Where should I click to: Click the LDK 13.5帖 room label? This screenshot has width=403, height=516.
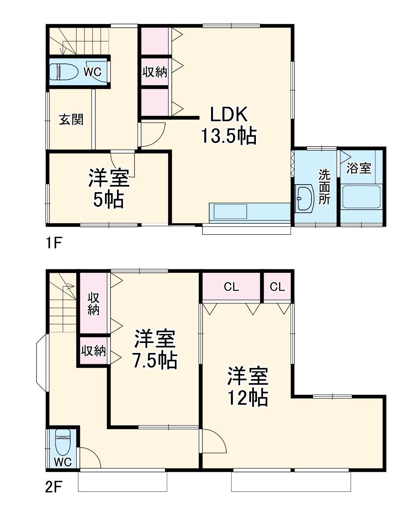229,126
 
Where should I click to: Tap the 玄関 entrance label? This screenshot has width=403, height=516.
71,120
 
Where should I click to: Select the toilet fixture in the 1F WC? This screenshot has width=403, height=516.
64,72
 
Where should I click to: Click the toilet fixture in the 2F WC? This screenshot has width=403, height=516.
63,442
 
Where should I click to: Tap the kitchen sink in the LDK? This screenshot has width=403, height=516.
230,211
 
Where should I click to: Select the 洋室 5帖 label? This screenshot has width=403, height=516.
109,188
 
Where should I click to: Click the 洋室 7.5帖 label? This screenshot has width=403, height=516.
155,349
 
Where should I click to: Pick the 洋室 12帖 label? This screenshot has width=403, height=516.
248,387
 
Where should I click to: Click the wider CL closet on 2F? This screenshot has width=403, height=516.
231,287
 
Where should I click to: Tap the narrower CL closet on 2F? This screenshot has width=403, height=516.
277,287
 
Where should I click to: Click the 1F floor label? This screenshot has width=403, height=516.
54,243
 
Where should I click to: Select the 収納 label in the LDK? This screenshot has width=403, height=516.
155,72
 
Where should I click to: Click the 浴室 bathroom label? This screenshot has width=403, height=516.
359,168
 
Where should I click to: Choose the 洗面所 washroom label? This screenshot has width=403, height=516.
324,187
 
